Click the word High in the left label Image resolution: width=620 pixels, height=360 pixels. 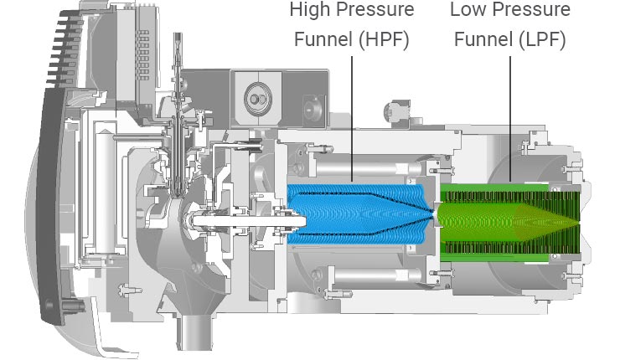(x=307, y=12)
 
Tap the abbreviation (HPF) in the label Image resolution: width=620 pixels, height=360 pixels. (x=381, y=39)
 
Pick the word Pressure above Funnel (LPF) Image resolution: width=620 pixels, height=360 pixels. (x=529, y=12)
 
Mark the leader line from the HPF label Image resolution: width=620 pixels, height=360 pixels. (x=352, y=117)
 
